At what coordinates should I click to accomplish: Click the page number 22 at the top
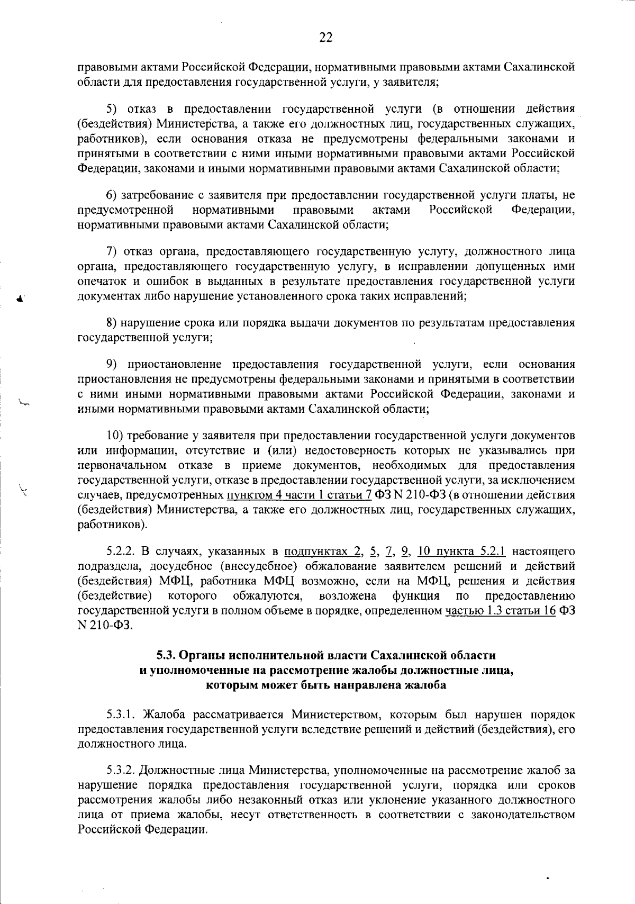coord(325,37)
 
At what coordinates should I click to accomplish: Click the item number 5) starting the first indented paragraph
coord(112,109)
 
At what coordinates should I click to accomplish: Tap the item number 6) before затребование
coord(112,196)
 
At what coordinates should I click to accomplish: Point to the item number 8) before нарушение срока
coord(112,322)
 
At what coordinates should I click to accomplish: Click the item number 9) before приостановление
coord(112,364)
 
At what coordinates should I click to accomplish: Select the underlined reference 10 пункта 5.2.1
coord(461,552)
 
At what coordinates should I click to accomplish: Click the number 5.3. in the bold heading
coord(168,655)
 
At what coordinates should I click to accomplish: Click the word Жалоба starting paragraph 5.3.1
coord(164,715)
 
